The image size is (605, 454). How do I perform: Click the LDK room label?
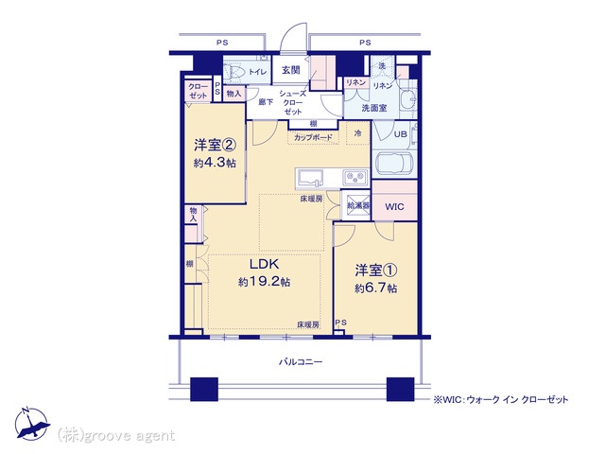coord(265,265)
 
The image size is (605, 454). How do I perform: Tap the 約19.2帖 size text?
coord(265,282)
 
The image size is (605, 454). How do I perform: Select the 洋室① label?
coord(376,271)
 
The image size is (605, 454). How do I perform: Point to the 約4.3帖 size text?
coord(215,163)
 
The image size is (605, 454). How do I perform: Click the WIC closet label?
coord(394,207)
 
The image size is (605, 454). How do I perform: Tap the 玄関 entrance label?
coord(290,70)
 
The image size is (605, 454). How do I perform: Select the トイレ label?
coord(257,72)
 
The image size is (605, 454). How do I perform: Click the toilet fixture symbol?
coord(233,72)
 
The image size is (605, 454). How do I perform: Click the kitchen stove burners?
coord(355,178)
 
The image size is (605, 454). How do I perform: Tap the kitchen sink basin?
coord(310,178)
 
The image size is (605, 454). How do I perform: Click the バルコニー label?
coord(301,362)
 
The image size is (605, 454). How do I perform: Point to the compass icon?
coord(31,424)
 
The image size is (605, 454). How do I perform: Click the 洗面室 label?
coord(374,108)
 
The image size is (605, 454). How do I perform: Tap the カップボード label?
coord(313,137)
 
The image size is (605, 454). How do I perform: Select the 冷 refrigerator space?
coord(357,132)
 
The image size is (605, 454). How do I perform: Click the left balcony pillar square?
coord(204,389)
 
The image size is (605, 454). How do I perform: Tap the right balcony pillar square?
coord(400,389)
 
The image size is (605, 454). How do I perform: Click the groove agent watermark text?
coord(116,435)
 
